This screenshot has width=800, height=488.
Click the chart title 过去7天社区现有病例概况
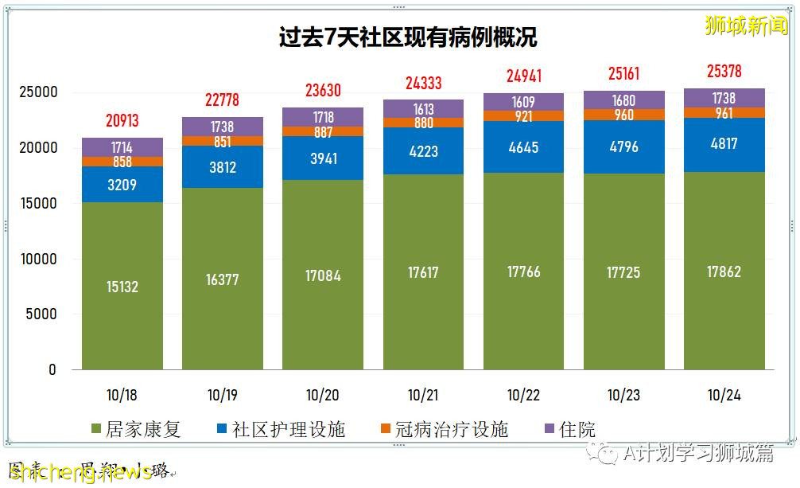407,37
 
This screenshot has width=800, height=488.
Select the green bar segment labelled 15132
122,286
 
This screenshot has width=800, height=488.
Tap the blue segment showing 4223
423,150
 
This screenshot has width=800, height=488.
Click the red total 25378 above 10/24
724,72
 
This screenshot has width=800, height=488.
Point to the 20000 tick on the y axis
38,148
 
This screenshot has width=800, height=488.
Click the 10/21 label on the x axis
423,395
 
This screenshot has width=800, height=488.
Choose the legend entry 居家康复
136,430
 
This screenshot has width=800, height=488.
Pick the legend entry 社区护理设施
280,430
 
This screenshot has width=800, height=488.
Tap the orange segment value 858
122,162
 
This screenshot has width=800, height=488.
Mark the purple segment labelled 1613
423,109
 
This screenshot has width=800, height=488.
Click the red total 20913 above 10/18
122,121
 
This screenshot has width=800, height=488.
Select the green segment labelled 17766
523,271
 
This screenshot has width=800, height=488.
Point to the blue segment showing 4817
724,144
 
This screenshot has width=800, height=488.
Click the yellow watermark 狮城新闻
745,25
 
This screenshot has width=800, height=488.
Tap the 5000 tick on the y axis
42,314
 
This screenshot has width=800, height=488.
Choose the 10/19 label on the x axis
222,395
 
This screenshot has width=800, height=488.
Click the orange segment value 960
623,115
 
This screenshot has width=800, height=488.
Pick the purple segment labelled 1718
323,117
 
